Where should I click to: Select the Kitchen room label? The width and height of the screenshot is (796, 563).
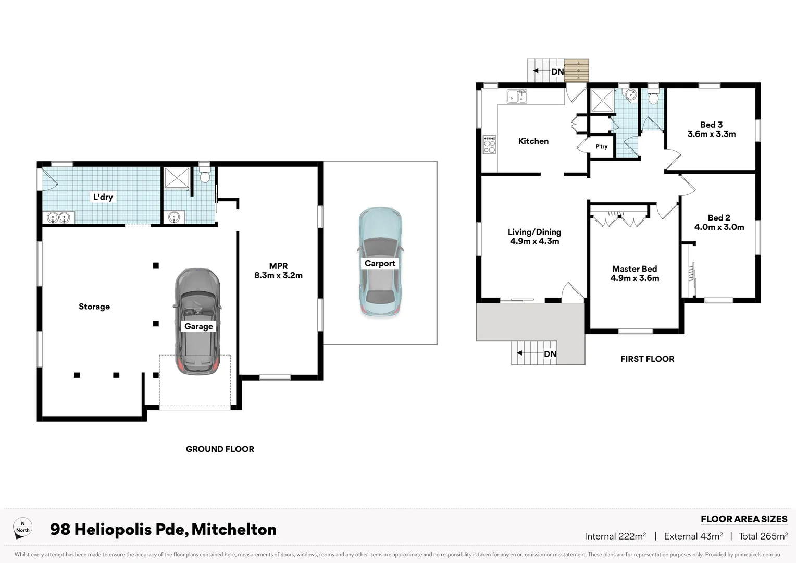(533, 141)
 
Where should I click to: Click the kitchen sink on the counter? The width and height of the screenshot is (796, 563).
(517, 96)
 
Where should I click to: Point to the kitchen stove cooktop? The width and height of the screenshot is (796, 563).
(489, 144)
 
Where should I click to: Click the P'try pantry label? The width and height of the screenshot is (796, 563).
(601, 146)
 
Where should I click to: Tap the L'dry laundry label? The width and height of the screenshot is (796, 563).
(103, 197)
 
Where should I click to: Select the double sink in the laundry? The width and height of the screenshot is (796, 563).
(58, 217)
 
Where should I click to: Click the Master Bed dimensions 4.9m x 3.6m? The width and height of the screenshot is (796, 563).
(635, 278)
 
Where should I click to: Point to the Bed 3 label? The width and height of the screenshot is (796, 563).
(711, 125)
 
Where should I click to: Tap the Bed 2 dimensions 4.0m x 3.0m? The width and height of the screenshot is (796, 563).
(719, 227)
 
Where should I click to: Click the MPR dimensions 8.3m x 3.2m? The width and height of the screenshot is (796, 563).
(278, 275)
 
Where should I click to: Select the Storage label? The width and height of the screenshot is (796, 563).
(94, 307)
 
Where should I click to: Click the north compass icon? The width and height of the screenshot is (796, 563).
(22, 528)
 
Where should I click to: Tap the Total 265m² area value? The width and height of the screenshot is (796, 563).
(763, 536)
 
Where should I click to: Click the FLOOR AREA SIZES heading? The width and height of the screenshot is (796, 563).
(743, 519)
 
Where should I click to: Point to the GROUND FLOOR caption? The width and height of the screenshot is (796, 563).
(220, 449)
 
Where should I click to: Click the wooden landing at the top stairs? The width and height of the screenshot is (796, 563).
(577, 70)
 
